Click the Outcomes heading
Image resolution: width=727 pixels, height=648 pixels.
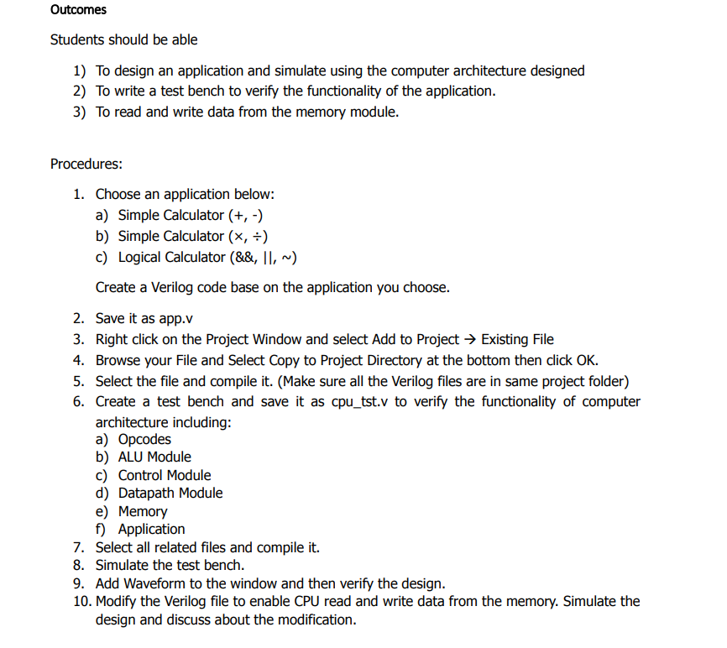tap(78, 10)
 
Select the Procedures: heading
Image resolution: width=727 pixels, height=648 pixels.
tap(86, 164)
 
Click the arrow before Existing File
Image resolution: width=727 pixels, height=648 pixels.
tap(470, 340)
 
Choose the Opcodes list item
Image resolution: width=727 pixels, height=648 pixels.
tap(144, 440)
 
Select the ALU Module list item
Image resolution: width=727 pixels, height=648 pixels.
tap(154, 457)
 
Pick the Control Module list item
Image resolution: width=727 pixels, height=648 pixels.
tap(165, 476)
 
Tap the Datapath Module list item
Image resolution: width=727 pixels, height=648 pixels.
tap(170, 494)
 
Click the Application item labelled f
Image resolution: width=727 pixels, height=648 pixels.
tap(151, 530)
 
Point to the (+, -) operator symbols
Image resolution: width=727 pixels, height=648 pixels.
tap(252, 216)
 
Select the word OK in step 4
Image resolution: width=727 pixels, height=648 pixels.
tap(587, 361)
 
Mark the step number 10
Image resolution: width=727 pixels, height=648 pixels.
tap(83, 602)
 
